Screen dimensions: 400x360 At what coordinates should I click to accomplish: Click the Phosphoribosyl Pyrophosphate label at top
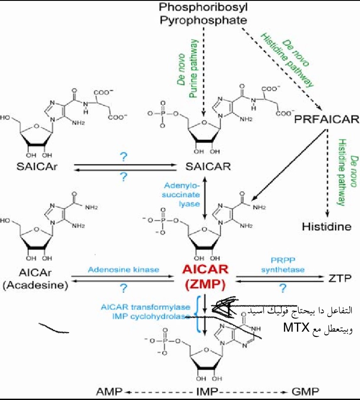[203, 13]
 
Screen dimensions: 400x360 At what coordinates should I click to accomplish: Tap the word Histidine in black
[327, 226]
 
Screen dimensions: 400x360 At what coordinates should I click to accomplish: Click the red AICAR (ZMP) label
[204, 277]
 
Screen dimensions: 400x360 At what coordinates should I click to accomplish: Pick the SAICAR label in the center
[203, 167]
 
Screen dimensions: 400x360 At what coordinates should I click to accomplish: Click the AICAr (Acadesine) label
[37, 279]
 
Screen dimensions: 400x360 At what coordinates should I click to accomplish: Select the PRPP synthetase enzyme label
[283, 266]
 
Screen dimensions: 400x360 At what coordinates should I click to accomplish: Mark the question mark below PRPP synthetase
[283, 288]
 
